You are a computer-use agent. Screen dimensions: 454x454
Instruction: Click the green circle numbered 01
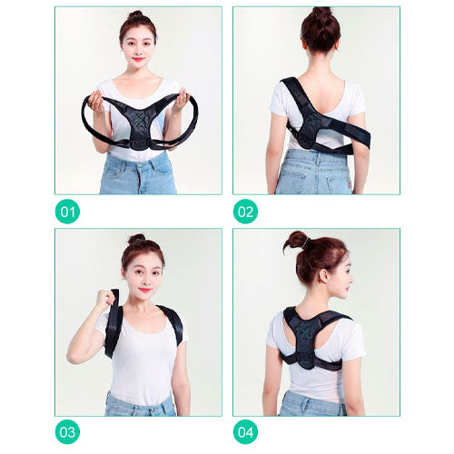(67, 212)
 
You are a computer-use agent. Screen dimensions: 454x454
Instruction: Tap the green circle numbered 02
(245, 212)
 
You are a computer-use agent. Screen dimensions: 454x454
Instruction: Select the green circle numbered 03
(67, 432)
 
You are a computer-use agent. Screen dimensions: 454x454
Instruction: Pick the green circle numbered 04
(245, 432)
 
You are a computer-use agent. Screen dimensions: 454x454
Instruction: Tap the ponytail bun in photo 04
(295, 242)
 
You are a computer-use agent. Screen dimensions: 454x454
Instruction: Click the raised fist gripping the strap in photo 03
(106, 298)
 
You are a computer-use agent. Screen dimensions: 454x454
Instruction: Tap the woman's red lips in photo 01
(138, 59)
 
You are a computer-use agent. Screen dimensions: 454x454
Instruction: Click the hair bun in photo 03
(137, 239)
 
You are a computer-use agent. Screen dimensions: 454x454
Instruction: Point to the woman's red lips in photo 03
(145, 290)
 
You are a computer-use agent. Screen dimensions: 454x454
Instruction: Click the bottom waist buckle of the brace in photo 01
(139, 145)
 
